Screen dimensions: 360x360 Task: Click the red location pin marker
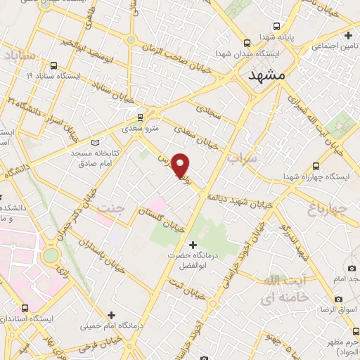(x=181, y=165)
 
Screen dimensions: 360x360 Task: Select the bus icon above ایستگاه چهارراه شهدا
(x=316, y=167)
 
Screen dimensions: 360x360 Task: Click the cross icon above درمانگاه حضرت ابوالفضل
(x=193, y=244)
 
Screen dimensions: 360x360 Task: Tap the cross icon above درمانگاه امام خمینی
(x=110, y=314)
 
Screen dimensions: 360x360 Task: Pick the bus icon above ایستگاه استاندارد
(x=25, y=308)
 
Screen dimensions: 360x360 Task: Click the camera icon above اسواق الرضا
(x=351, y=269)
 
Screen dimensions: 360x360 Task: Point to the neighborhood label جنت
(x=112, y=208)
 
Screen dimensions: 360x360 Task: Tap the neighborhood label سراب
(x=243, y=160)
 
